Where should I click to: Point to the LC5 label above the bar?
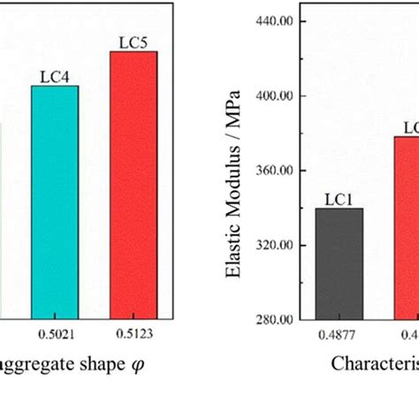tap(133, 42)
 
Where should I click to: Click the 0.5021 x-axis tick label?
tap(55, 334)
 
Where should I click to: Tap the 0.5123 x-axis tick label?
tap(133, 334)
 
